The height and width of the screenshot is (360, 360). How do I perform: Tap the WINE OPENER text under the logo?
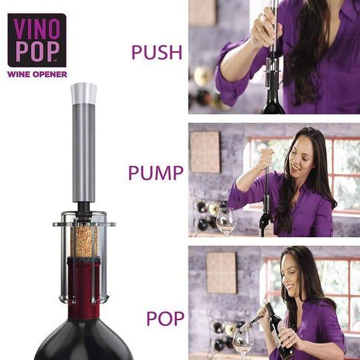[37, 74]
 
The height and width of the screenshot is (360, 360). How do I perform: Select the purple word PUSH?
[157, 53]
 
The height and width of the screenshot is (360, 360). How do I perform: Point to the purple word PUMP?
[155, 173]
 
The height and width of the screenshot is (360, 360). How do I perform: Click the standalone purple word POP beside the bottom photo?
[165, 318]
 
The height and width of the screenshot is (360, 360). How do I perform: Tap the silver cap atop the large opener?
[84, 93]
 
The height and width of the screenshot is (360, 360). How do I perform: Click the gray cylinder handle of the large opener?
[84, 153]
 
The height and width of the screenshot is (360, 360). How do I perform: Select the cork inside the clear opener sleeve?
[84, 242]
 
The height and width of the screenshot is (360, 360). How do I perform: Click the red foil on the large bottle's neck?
[84, 288]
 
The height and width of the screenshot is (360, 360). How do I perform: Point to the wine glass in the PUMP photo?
[226, 222]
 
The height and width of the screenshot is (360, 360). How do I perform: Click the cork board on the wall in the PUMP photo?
[205, 152]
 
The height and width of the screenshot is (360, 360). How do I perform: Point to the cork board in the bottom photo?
[222, 273]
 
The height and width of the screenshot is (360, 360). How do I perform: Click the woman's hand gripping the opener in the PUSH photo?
[265, 28]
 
